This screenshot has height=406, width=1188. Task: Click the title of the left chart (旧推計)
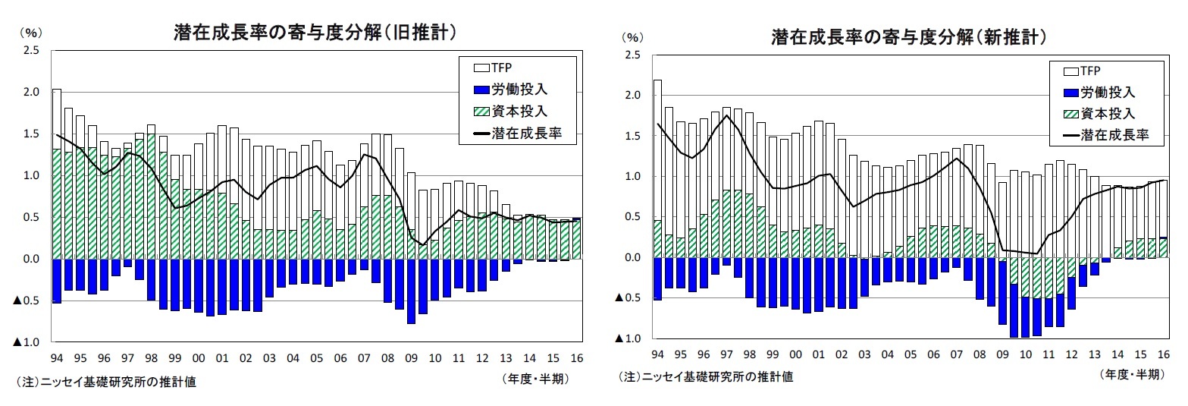pyautogui.click(x=314, y=33)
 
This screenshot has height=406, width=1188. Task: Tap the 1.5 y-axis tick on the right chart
pyautogui.click(x=632, y=136)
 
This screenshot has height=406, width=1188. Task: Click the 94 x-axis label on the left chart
pyautogui.click(x=56, y=357)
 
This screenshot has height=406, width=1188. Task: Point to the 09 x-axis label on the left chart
pyautogui.click(x=412, y=357)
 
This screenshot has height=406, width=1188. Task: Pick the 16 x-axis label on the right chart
pyautogui.click(x=1162, y=354)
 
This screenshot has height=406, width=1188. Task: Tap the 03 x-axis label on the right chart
pyautogui.click(x=865, y=354)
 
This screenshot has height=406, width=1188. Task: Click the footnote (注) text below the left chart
pyautogui.click(x=105, y=382)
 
